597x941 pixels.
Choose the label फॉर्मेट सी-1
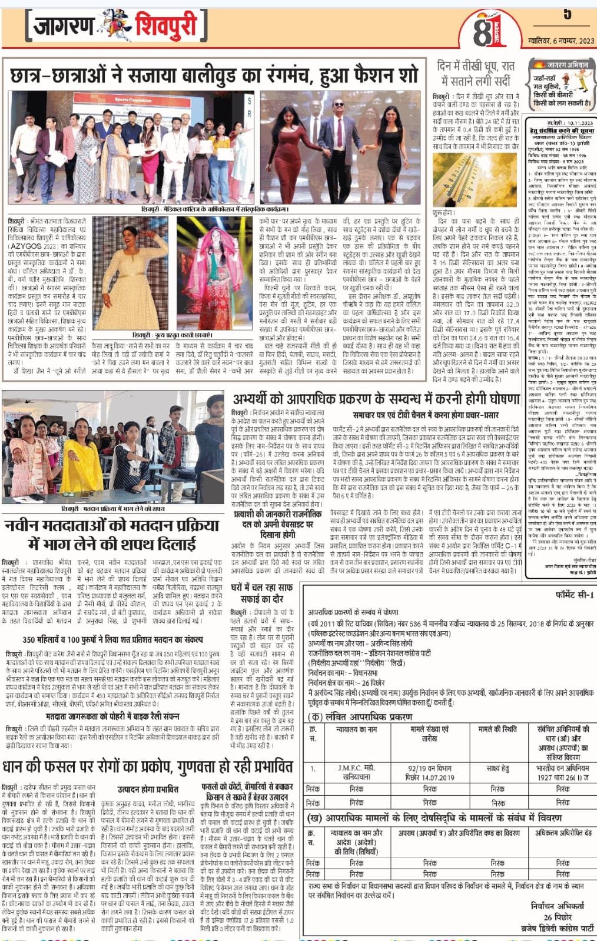click(575, 595)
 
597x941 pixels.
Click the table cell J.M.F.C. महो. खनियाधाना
click(356, 772)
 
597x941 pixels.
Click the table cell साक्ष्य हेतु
click(497, 768)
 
